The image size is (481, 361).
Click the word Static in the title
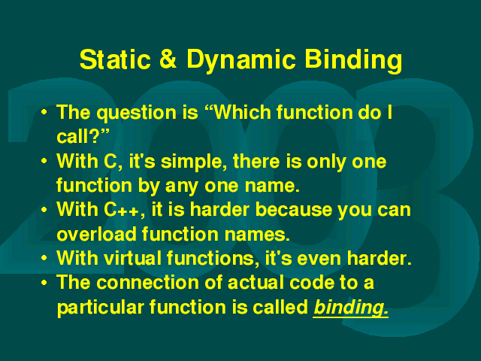(x=115, y=59)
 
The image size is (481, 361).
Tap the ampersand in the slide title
(x=168, y=59)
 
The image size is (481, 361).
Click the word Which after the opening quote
(x=242, y=112)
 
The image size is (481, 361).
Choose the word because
(x=294, y=210)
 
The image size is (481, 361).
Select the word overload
(x=96, y=234)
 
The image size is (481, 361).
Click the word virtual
(x=132, y=258)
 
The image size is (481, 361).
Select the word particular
(x=101, y=308)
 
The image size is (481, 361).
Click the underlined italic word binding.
(x=351, y=308)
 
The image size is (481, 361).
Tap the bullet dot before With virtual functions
(x=44, y=257)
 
